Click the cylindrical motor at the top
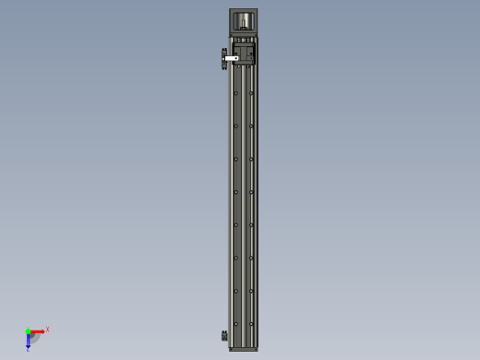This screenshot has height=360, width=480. (x=244, y=21)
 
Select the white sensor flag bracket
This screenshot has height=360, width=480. (x=231, y=58)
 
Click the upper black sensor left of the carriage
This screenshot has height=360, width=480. (x=224, y=58)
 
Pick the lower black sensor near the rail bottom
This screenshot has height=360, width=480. (x=224, y=335)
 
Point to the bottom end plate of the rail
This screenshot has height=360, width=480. (x=244, y=349)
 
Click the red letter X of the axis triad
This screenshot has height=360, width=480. (x=47, y=329)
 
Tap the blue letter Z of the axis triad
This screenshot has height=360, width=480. (x=28, y=349)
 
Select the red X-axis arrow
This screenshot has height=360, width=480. (x=38, y=331)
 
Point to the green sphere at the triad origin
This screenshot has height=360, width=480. (x=29, y=331)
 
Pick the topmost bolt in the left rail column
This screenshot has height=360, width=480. (x=236, y=93)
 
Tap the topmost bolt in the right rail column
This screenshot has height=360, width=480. (x=251, y=93)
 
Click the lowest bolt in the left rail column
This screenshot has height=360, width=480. (x=236, y=324)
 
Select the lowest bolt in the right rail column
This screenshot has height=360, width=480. (x=251, y=324)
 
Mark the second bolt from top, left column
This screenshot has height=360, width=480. (x=236, y=126)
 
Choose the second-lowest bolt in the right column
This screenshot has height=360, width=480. (x=251, y=291)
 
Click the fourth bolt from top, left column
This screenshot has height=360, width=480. (x=236, y=192)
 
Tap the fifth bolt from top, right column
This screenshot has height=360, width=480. (x=251, y=225)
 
